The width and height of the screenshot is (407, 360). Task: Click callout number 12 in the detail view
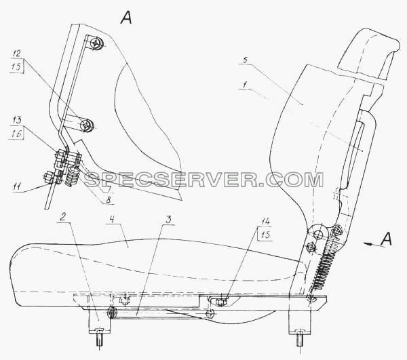pyautogui.click(x=16, y=54)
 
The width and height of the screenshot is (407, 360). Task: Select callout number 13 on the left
pyautogui.click(x=16, y=120)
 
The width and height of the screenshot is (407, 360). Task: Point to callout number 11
pyautogui.click(x=16, y=186)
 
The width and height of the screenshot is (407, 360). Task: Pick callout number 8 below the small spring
pyautogui.click(x=109, y=200)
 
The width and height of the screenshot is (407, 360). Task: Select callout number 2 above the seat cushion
pyautogui.click(x=62, y=218)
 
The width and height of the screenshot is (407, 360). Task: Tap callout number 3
pyautogui.click(x=168, y=220)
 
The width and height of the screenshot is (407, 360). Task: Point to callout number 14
pyautogui.click(x=265, y=222)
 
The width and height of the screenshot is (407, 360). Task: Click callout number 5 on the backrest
pyautogui.click(x=246, y=60)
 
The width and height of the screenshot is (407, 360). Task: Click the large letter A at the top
pyautogui.click(x=126, y=18)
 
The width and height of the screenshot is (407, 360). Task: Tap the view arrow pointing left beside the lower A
pyautogui.click(x=372, y=244)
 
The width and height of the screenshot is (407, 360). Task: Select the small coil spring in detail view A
pyautogui.click(x=70, y=177)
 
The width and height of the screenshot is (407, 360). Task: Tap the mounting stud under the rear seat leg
pyautogui.click(x=300, y=340)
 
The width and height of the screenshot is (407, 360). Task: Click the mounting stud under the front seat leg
pyautogui.click(x=100, y=338)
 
